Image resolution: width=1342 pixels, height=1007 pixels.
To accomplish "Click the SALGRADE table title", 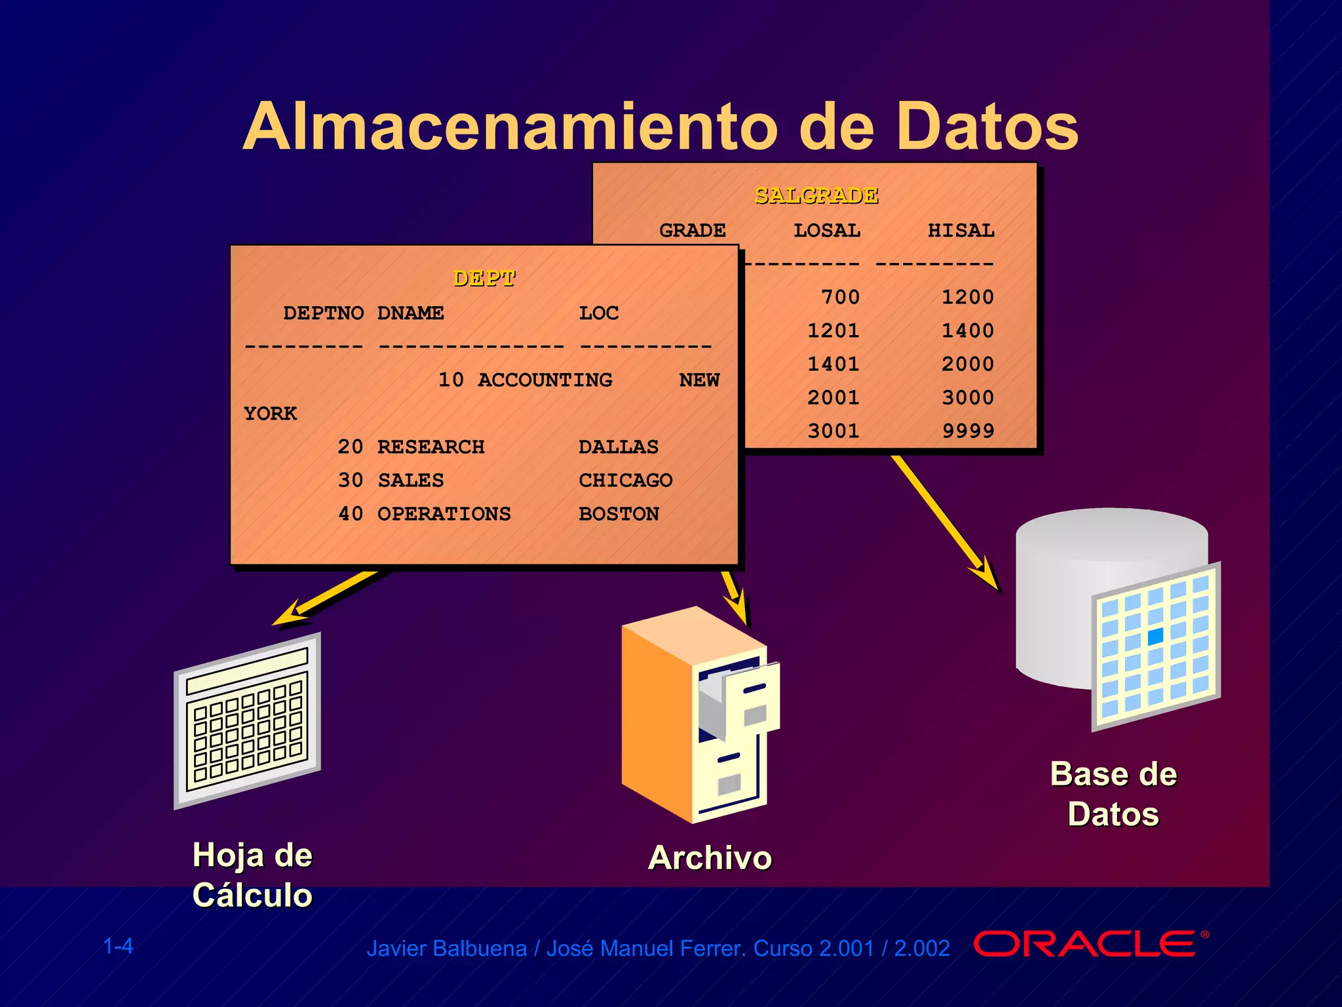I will [816, 195].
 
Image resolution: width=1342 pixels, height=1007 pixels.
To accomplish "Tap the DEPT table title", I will [484, 279].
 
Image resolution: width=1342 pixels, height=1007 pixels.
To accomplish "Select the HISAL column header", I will [961, 231].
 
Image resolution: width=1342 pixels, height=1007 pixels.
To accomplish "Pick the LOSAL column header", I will [826, 231].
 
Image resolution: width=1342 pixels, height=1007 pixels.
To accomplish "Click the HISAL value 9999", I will [968, 431].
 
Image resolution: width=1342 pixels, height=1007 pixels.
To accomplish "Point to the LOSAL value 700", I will [840, 298].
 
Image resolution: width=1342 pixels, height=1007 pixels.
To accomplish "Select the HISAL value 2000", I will [968, 365].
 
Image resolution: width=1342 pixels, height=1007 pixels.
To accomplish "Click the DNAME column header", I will [410, 313].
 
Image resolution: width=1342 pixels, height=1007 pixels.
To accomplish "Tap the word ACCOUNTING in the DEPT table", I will [545, 380].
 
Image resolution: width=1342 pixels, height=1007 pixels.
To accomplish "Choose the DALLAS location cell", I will [618, 447].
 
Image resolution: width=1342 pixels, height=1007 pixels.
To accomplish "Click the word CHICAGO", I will [625, 481].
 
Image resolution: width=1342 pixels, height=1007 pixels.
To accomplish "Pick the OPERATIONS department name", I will [444, 514].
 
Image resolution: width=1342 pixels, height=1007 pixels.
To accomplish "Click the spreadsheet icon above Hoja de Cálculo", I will [248, 721].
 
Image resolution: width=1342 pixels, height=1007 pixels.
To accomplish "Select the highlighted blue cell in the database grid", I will [1155, 635].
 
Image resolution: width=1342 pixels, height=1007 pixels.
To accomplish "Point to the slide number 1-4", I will [118, 946].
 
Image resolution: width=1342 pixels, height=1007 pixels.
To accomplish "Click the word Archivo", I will [710, 858].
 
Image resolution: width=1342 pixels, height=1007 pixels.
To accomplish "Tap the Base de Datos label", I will [1113, 794].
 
